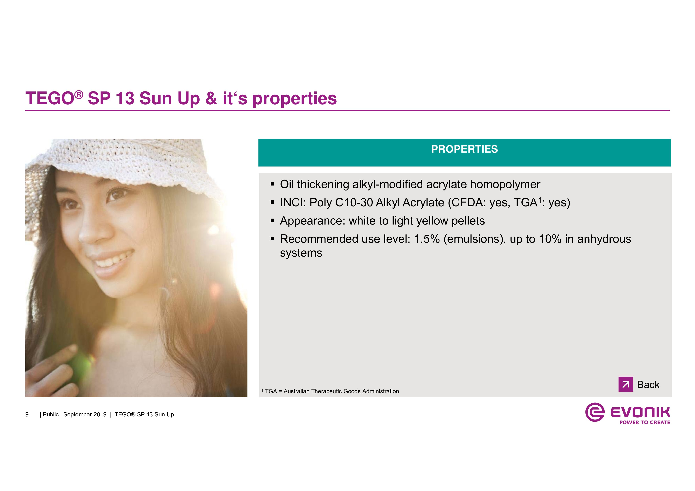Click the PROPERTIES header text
pos(464,149)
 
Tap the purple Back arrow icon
pos(626,384)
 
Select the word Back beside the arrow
pos(648,384)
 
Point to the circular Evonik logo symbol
pos(595,412)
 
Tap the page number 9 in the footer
pos(27,414)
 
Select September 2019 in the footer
pos(85,414)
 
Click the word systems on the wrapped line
pos(301,253)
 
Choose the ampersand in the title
pos(211,98)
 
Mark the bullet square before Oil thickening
pos(272,184)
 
